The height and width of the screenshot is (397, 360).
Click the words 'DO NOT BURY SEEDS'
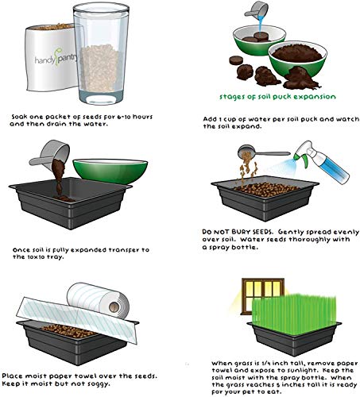[234, 233]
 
